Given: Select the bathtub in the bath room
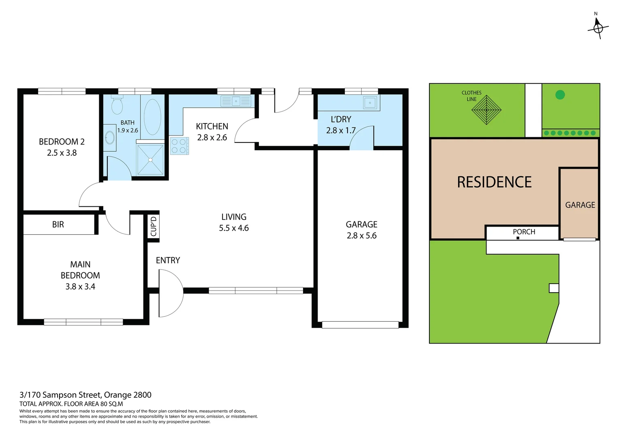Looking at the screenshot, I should [x=152, y=117].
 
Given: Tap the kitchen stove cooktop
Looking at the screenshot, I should [x=179, y=146].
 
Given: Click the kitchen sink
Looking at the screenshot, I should [x=236, y=101].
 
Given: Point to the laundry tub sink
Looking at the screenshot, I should [x=370, y=103].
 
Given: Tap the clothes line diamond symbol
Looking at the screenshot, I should [x=486, y=110].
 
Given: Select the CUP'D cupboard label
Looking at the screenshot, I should [x=153, y=226].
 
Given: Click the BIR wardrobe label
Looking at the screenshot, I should [x=58, y=225].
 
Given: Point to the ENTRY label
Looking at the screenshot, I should [x=168, y=260].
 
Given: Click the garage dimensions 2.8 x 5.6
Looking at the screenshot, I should [x=361, y=235].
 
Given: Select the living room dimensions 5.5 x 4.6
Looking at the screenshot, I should [x=234, y=228].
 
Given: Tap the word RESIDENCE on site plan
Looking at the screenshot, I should [x=494, y=182].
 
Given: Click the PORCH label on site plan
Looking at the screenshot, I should [x=524, y=232].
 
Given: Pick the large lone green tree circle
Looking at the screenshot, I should [x=560, y=95].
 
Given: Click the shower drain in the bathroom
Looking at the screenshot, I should [x=150, y=160].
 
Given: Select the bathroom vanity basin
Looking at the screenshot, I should [x=109, y=138].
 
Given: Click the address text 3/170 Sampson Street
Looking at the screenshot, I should [x=85, y=395].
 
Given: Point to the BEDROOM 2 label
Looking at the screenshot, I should [x=62, y=142].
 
